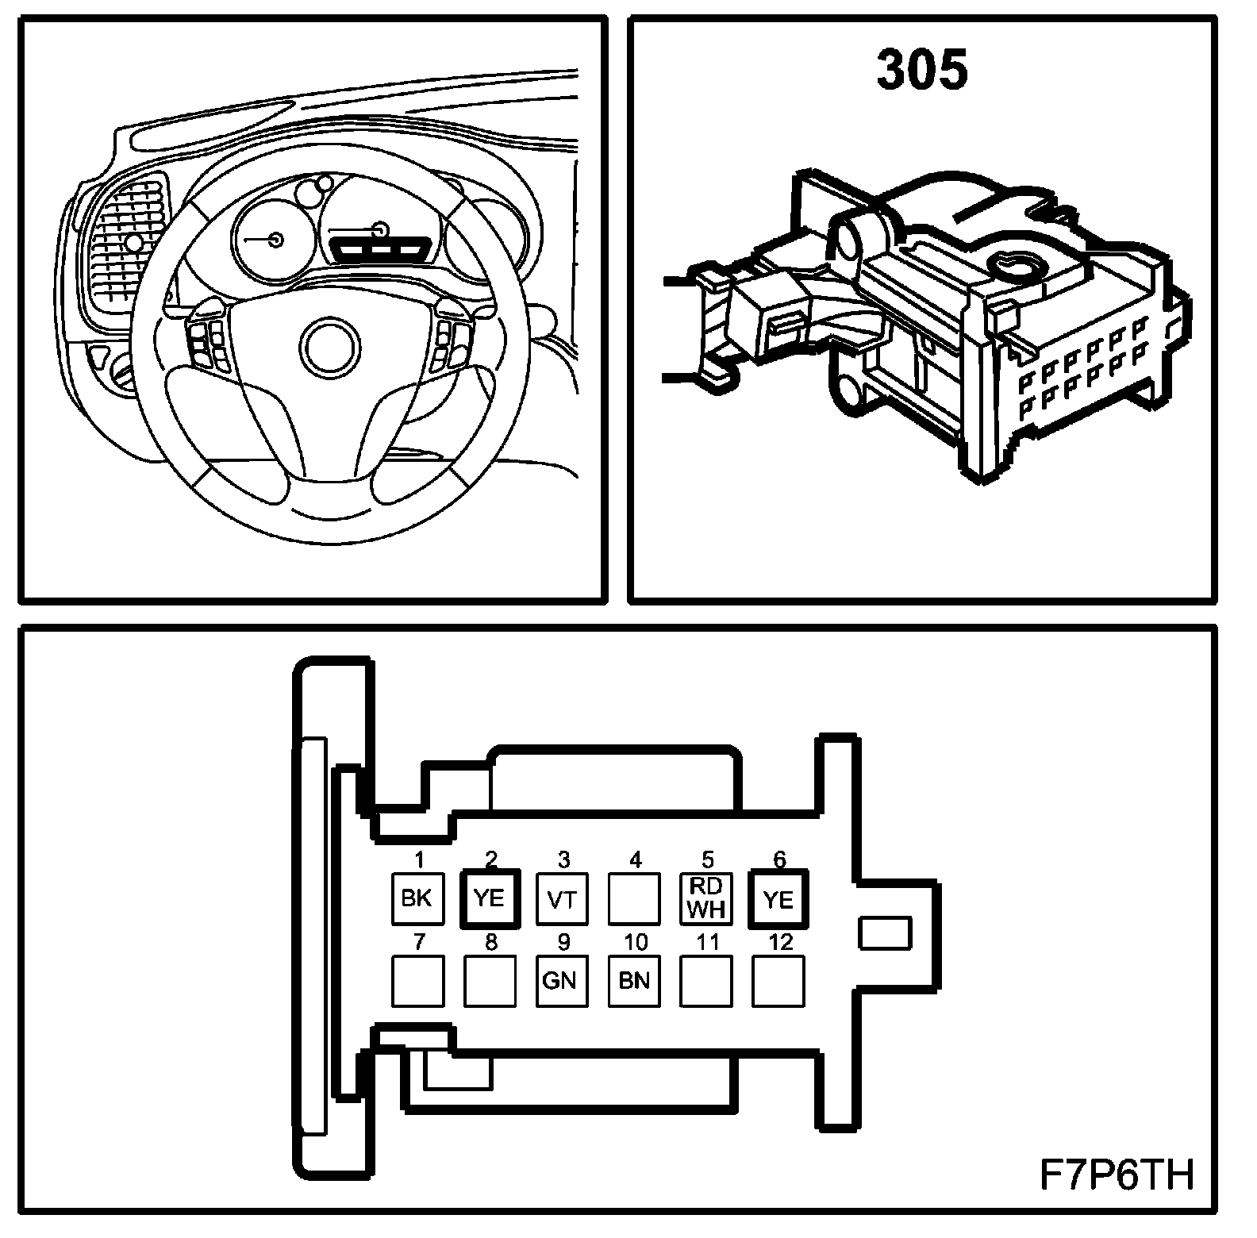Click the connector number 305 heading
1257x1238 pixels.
coord(922,70)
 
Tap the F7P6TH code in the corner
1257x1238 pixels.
coord(1116,1175)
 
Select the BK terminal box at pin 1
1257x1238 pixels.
coord(417,898)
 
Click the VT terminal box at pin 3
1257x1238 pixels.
coord(563,899)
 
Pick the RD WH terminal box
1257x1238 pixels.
coord(706,899)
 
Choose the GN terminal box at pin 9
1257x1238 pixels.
coord(562,981)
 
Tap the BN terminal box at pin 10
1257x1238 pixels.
coord(634,981)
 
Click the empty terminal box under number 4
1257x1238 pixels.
coord(634,899)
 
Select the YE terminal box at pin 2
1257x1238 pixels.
coord(490,898)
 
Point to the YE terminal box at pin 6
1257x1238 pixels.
coord(778,898)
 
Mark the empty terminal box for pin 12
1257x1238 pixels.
coord(778,981)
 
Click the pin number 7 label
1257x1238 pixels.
coord(419,942)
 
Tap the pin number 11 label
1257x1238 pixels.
coord(707,942)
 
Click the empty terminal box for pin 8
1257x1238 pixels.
coord(490,981)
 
